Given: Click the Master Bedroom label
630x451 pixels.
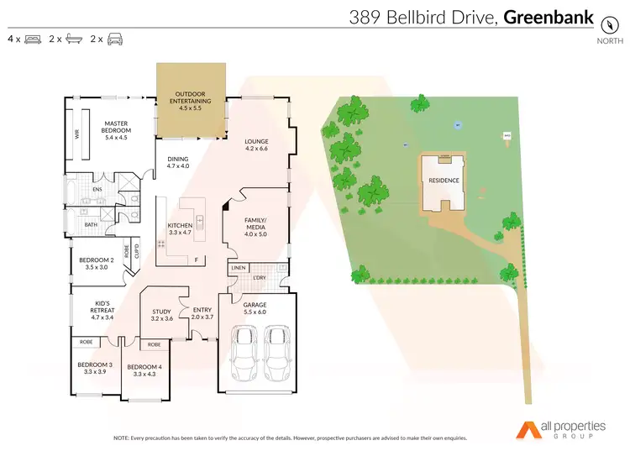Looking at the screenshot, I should [116, 126].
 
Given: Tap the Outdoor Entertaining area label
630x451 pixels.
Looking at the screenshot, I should [191, 101].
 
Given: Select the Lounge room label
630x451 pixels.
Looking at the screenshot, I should [256, 144].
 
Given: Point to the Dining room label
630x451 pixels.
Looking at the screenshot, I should [178, 162].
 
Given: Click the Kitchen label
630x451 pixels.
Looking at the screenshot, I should [181, 229].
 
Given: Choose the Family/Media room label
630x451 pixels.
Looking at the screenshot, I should [255, 227].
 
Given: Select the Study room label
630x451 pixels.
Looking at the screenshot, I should [161, 315].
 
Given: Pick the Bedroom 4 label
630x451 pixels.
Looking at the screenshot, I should [144, 370].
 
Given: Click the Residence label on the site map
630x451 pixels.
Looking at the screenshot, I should [444, 181].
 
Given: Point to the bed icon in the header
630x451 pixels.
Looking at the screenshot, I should [34, 39].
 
